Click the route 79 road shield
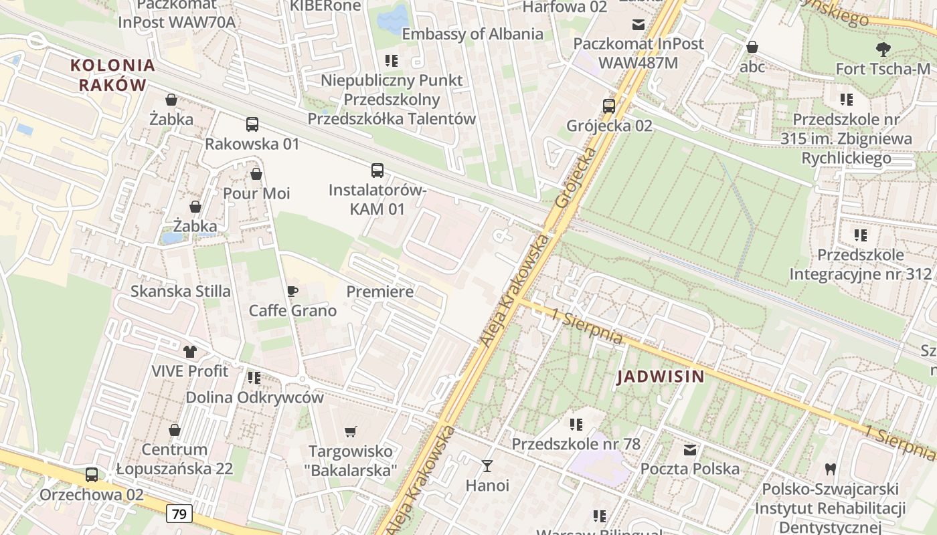179,514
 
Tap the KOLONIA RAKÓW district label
112,75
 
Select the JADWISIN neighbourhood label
661,377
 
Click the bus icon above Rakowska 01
252,124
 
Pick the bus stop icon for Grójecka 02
609,106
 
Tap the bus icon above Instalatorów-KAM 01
377,170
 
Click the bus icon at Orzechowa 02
92,475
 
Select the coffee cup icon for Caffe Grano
292,291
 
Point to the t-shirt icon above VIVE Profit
190,351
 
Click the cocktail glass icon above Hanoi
487,465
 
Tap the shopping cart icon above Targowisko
351,431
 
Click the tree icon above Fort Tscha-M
883,49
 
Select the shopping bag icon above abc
752,47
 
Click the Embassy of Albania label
473,34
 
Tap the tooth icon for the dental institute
831,469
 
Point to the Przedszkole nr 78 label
576,444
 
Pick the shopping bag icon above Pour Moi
256,174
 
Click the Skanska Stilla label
181,291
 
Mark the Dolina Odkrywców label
254,397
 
